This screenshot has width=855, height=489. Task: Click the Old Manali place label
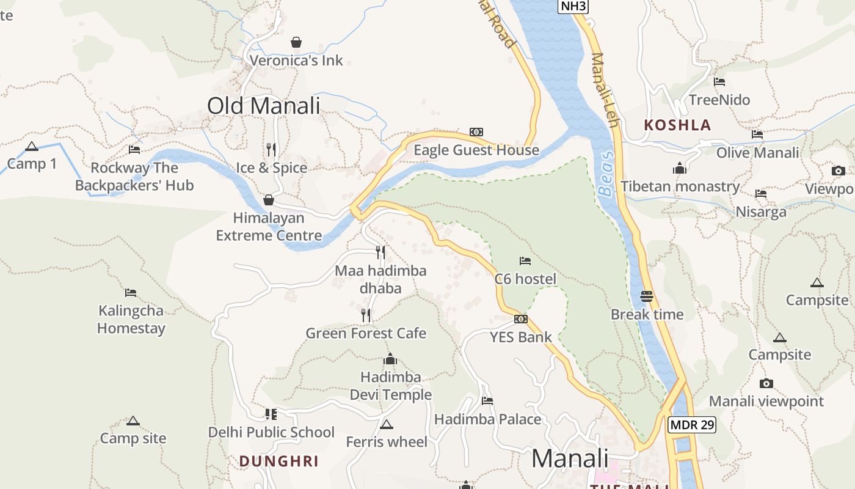(x=263, y=106)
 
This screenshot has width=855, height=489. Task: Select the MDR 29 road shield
(x=691, y=425)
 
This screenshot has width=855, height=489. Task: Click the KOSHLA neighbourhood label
(x=677, y=125)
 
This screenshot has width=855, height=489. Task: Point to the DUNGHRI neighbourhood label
(x=278, y=461)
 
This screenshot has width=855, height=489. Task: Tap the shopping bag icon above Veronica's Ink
(x=296, y=42)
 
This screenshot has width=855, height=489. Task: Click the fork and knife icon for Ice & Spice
(x=271, y=149)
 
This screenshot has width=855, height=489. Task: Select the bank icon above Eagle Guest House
(x=476, y=132)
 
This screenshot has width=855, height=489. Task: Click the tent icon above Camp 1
(x=32, y=146)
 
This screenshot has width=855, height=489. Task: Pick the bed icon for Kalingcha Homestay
(x=131, y=293)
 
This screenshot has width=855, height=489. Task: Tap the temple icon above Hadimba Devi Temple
(x=390, y=359)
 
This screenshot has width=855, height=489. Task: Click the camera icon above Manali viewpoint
(x=766, y=383)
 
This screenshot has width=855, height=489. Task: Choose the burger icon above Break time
(x=647, y=296)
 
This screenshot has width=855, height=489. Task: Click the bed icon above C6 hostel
(x=525, y=261)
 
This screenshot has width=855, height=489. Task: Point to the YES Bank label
(x=520, y=337)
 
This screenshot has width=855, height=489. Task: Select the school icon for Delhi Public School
(x=271, y=414)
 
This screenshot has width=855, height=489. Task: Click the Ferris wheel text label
(x=387, y=441)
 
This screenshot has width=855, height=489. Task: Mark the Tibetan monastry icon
(x=680, y=168)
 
